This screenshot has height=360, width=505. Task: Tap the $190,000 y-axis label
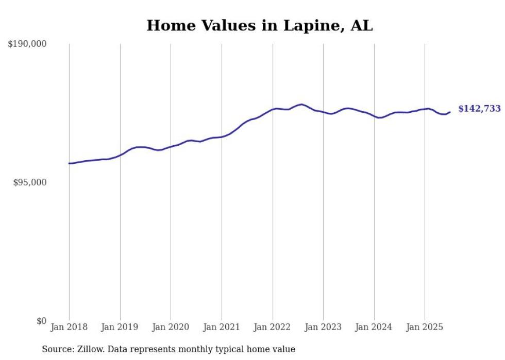27,44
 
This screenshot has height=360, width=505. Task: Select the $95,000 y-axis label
29,183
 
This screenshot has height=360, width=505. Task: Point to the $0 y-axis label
41,321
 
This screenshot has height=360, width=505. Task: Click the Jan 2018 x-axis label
69,327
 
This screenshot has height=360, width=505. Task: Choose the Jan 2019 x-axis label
120,327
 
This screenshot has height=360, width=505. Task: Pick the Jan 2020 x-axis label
171,327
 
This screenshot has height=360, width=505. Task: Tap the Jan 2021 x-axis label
222,327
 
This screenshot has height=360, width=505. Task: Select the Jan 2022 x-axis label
273,327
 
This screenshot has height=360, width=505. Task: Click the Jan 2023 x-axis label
323,327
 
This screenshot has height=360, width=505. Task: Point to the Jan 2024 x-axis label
374,327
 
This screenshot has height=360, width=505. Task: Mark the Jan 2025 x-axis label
425,327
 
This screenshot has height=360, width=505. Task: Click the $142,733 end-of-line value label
479,109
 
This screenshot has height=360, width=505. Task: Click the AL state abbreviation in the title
361,26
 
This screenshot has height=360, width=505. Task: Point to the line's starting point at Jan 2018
69,163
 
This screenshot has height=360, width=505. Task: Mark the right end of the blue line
450,112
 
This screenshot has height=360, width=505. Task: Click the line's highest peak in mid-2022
301,105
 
